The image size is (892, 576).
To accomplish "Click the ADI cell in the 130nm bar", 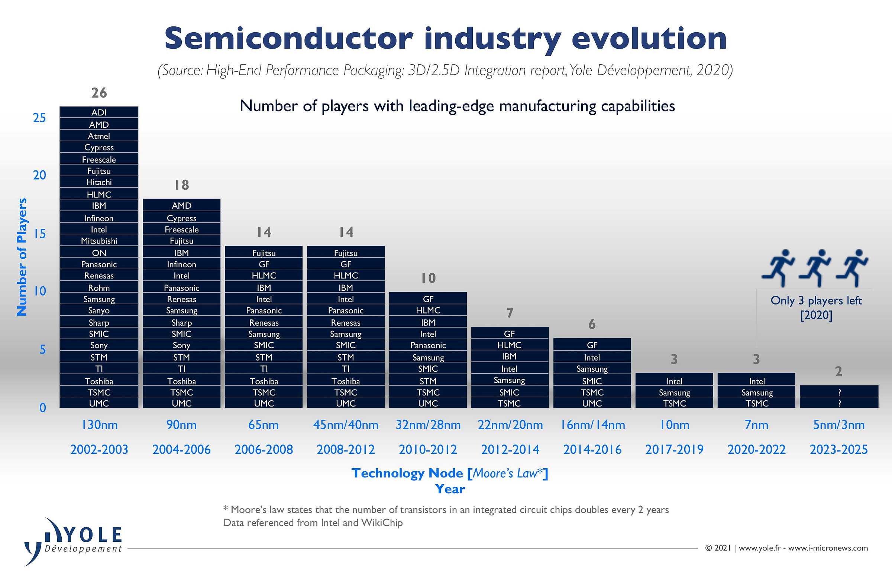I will (x=99, y=113).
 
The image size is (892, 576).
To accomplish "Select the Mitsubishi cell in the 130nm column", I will (x=99, y=241).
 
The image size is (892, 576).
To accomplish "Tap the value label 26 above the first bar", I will (x=99, y=93).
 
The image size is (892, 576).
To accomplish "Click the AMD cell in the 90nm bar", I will (x=181, y=206).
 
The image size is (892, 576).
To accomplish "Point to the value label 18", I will (x=182, y=185).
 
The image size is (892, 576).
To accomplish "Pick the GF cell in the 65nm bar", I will (x=264, y=264).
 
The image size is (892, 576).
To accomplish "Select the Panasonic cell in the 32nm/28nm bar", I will (x=428, y=345).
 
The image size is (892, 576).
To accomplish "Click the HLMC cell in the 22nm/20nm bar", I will (x=509, y=345).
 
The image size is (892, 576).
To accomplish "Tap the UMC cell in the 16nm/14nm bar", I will (x=592, y=404).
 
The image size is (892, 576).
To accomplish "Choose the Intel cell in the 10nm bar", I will (x=674, y=381).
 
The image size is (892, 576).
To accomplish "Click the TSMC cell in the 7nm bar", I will (x=756, y=404).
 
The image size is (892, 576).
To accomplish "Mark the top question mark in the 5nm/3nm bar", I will (x=839, y=392).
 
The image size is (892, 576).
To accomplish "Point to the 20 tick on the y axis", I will (x=39, y=175).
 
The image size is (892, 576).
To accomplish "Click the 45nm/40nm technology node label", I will (x=346, y=425).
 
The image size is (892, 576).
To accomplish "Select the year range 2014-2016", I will (x=592, y=450).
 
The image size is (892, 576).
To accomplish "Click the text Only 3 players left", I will (x=816, y=301).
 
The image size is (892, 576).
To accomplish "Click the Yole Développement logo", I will (x=73, y=540).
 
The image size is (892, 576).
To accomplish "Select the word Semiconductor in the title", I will (x=288, y=39).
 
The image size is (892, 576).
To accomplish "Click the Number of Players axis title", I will (x=22, y=257).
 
